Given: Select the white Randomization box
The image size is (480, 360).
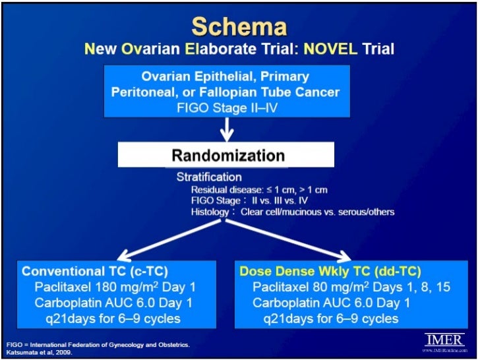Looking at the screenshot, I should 228,156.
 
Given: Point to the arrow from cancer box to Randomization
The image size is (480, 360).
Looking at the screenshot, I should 228,129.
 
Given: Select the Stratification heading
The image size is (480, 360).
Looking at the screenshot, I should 208,177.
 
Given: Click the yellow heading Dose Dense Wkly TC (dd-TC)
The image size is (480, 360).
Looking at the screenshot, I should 330,272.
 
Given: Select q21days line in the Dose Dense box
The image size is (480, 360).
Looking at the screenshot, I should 330,318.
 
